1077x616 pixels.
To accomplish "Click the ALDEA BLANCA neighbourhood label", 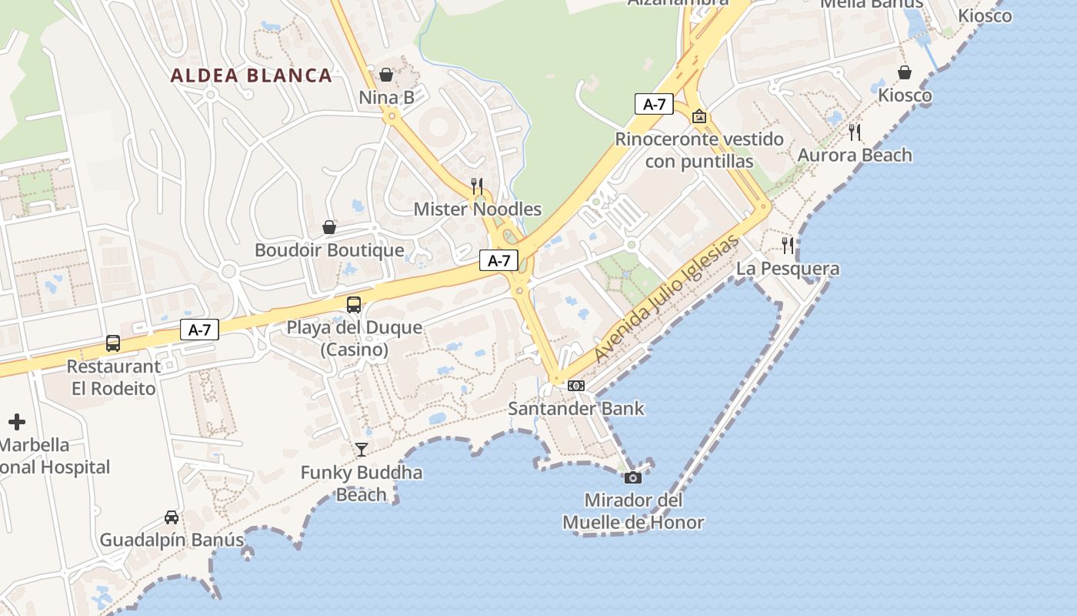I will point(252,75).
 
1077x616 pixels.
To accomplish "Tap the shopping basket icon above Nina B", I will point(386,75).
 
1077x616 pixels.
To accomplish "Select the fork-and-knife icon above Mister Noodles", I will point(477,186).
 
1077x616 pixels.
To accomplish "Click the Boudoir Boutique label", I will point(329,250).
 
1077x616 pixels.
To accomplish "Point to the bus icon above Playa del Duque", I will point(354,304).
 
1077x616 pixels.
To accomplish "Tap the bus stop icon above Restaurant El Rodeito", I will point(113,343).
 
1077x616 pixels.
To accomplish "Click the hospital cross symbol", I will point(17,422).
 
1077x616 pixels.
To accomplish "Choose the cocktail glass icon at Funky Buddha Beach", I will point(362,450).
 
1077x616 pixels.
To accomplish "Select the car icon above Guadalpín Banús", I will point(172,517).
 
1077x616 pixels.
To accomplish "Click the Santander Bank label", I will point(576,408).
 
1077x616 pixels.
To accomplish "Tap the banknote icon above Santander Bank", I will point(576,386).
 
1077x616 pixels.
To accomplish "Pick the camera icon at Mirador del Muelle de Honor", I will point(633,477).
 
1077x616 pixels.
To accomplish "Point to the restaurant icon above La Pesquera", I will point(788,246).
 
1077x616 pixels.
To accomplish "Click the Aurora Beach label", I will point(855,155).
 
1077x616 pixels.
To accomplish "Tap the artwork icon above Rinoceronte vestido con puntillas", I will point(699,116).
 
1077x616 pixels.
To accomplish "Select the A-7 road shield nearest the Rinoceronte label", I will point(654,104).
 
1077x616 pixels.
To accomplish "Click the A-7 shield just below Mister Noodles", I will point(498,260).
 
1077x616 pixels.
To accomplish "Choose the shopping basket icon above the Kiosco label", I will point(905,72).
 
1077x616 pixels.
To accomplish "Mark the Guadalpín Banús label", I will point(172,540).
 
